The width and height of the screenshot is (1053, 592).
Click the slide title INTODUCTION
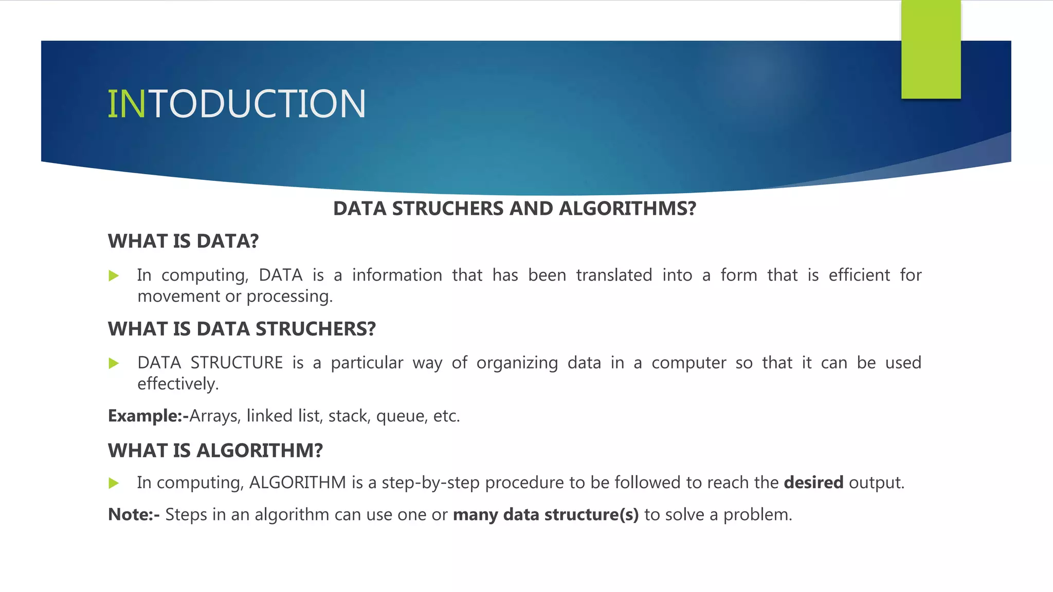237,104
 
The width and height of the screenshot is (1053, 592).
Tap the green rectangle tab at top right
931,49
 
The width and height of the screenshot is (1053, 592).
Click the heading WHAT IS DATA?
183,241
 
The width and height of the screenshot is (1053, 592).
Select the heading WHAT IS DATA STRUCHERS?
242,329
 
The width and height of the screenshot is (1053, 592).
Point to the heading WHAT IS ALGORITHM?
215,451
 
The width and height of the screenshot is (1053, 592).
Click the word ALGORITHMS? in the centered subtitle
627,209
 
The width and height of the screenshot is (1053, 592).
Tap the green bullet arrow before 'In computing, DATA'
114,276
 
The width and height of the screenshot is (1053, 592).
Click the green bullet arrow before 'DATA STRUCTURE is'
114,364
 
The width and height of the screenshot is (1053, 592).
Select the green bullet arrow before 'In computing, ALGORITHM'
114,483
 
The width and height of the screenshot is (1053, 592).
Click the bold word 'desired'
813,483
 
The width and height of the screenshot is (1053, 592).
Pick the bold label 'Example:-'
148,416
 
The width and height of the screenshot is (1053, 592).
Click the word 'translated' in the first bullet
614,275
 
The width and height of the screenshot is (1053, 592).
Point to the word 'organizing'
517,363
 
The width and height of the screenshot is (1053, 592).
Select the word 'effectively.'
178,384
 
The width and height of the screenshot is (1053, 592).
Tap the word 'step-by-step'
430,483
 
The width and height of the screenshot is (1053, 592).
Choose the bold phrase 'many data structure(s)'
546,514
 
